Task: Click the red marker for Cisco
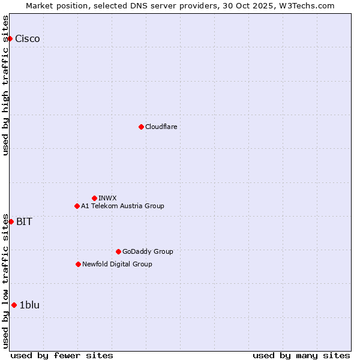(10, 39)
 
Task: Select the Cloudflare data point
(141, 127)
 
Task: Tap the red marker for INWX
(94, 198)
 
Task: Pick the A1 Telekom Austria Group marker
(77, 206)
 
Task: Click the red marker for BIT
(11, 221)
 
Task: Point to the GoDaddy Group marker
(118, 251)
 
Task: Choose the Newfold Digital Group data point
(78, 264)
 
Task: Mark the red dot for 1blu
(14, 305)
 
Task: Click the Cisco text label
(28, 39)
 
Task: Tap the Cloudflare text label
(161, 127)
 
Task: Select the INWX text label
(108, 198)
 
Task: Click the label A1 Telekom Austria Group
(122, 206)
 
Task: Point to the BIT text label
(24, 221)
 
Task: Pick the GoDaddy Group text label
(148, 251)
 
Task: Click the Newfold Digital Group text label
(117, 264)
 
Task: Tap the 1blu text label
(29, 305)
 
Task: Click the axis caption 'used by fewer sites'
(62, 355)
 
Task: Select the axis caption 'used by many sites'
(301, 355)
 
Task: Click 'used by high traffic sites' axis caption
(6, 85)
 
